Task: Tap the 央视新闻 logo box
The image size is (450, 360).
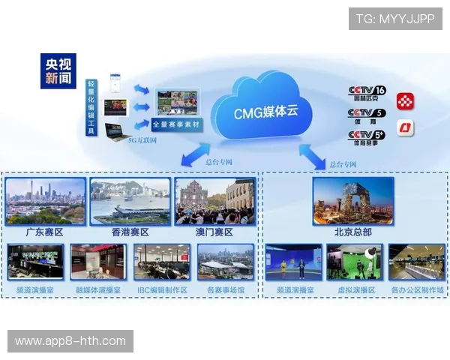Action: pyautogui.click(x=58, y=70)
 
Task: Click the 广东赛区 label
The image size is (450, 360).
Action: pyautogui.click(x=45, y=232)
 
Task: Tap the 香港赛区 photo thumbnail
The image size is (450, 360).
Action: pyautogui.click(x=130, y=201)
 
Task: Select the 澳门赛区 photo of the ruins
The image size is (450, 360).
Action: pyautogui.click(x=214, y=201)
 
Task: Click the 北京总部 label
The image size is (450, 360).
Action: pyautogui.click(x=352, y=232)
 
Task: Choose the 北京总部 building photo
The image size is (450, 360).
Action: pyautogui.click(x=352, y=200)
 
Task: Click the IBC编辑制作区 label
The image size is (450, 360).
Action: pyautogui.click(x=162, y=289)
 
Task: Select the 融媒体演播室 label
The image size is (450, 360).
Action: pyautogui.click(x=97, y=289)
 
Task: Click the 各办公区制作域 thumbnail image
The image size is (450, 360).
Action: pyautogui.click(x=417, y=262)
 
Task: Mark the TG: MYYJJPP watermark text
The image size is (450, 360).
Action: pyautogui.click(x=395, y=19)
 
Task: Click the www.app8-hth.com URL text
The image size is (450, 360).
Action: pyautogui.click(x=70, y=341)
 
